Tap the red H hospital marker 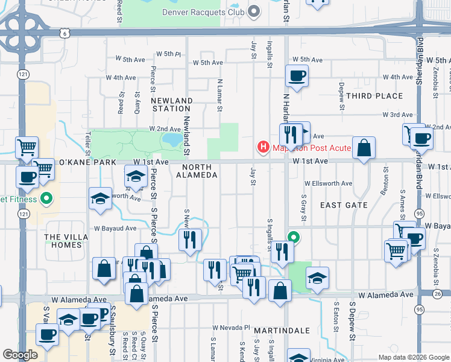(263, 146)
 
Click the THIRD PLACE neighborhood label (374, 96)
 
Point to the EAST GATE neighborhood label (344, 205)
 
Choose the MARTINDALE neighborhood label (282, 331)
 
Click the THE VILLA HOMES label (63, 241)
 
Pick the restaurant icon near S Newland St (191, 240)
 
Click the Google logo (20, 355)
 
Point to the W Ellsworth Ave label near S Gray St (328, 183)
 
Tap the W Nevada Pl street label (230, 328)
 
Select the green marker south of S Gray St (294, 237)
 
